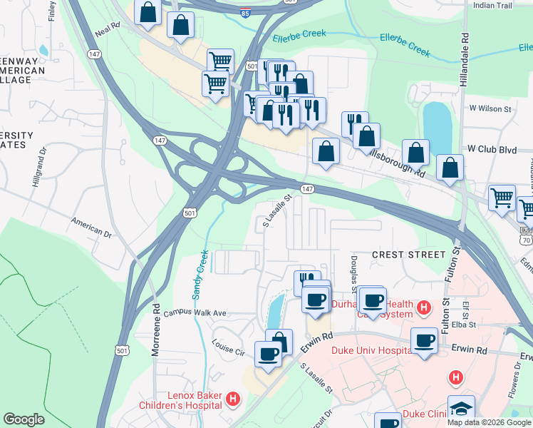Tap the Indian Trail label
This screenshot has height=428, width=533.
[492, 5]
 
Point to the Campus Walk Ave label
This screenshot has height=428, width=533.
[195, 313]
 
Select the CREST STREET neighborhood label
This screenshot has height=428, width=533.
[408, 254]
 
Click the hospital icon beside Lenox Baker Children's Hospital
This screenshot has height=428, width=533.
[232, 400]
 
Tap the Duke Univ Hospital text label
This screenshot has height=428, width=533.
[370, 350]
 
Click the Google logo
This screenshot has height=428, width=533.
[24, 419]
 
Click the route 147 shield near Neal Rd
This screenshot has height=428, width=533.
[94, 54]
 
